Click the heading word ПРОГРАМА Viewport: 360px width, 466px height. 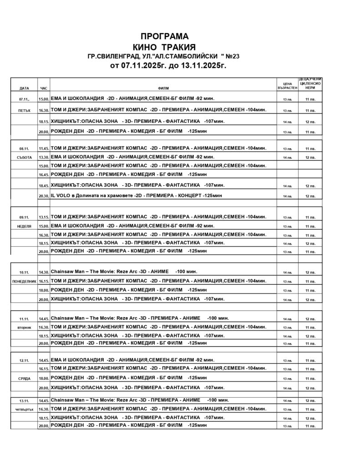(x=164, y=36)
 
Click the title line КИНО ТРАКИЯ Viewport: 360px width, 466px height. (x=164, y=47)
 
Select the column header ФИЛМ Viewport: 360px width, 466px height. (x=163, y=88)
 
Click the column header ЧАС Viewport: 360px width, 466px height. (x=44, y=88)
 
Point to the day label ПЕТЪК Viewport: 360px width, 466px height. (x=25, y=111)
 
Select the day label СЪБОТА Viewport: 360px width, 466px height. (x=25, y=157)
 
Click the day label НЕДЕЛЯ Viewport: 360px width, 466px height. (x=25, y=226)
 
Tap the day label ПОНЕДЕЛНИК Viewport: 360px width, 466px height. (x=25, y=282)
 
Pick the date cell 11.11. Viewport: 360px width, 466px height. (x=25, y=319)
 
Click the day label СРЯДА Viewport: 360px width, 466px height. (x=25, y=378)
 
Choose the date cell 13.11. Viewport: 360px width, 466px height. (x=25, y=400)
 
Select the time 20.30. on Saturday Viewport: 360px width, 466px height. (x=44, y=196)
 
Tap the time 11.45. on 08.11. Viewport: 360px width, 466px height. (x=44, y=149)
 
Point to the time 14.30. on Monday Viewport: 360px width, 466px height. (x=44, y=272)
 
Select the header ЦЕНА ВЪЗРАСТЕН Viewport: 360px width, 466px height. (x=287, y=86)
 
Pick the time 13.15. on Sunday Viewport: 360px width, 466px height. (x=44, y=217)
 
